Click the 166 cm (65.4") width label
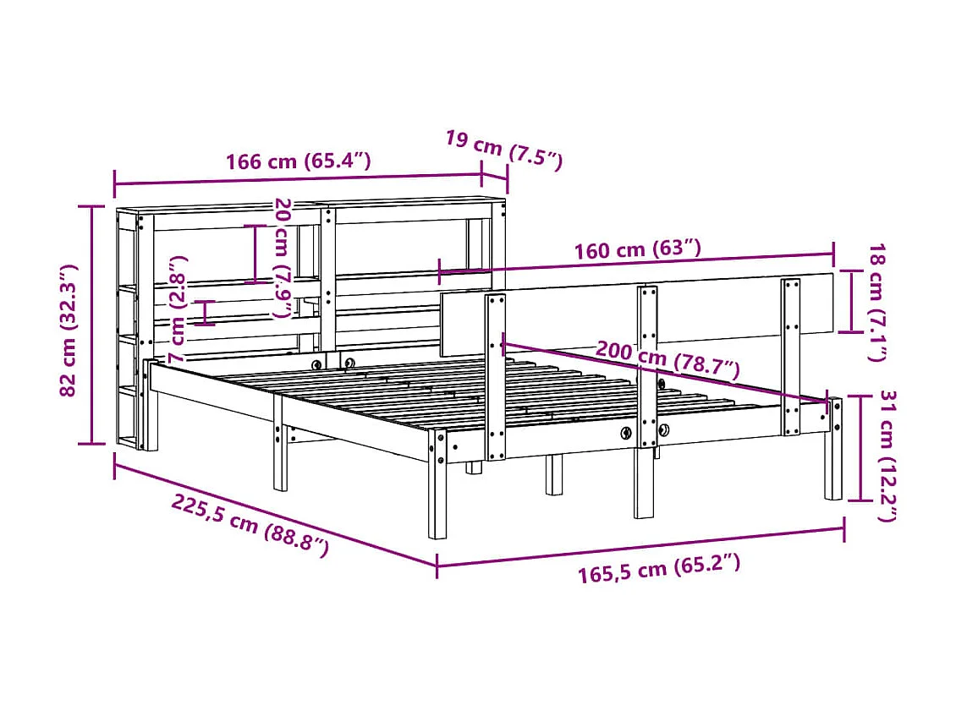pyautogui.click(x=298, y=161)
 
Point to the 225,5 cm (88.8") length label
pyautogui.click(x=250, y=525)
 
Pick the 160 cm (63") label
pyautogui.click(x=637, y=250)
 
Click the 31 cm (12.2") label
pyautogui.click(x=887, y=455)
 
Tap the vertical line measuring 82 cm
pyautogui.click(x=92, y=325)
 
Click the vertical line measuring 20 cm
pyautogui.click(x=253, y=254)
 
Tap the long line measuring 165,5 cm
pyautogui.click(x=640, y=547)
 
